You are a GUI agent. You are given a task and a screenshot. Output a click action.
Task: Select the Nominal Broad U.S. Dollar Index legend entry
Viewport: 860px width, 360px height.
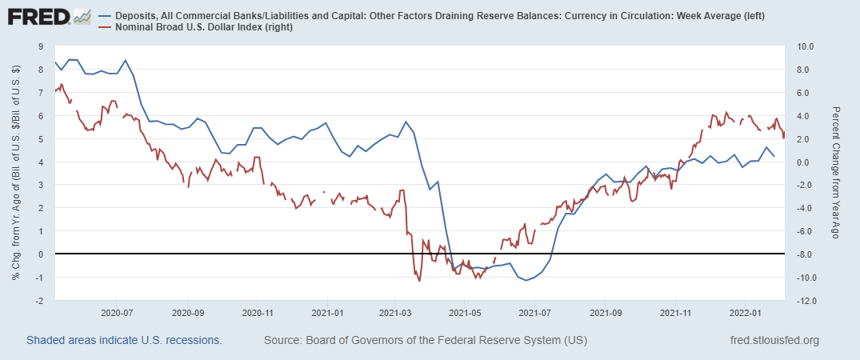click(x=201, y=28)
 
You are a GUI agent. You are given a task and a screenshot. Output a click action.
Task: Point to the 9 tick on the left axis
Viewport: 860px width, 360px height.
click(x=40, y=46)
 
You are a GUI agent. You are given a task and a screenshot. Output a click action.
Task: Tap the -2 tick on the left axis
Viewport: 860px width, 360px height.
click(x=38, y=301)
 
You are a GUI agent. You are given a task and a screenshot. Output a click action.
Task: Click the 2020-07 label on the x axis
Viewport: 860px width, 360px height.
click(x=117, y=313)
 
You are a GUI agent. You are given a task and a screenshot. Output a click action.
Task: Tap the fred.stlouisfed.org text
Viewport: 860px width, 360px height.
click(x=774, y=341)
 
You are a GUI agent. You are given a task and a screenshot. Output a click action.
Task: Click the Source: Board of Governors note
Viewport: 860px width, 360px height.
click(x=425, y=341)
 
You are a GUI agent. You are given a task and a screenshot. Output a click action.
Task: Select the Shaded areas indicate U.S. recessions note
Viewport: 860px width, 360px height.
click(x=124, y=341)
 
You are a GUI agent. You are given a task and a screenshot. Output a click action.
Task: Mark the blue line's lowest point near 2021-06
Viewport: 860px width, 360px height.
click(x=526, y=281)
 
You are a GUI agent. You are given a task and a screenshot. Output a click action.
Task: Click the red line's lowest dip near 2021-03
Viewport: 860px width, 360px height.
click(x=418, y=280)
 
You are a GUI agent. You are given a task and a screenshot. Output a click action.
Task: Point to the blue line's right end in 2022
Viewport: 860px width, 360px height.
click(x=774, y=156)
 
